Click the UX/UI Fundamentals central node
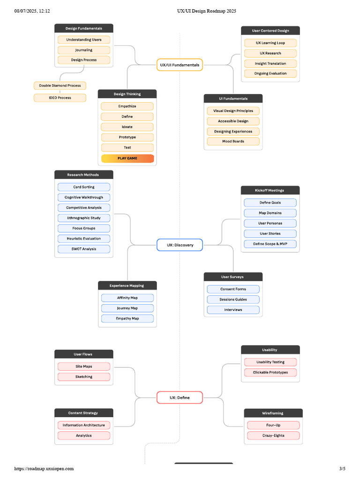[x=180, y=65]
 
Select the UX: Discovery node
[x=180, y=245]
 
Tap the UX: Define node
[x=180, y=397]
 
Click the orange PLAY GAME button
[x=127, y=158]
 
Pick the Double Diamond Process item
[x=60, y=85]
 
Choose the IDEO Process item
[x=60, y=98]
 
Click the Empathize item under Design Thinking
[x=127, y=106]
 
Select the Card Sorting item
[x=84, y=187]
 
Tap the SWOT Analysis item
[x=84, y=249]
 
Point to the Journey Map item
[x=127, y=308]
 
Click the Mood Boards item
[x=233, y=141]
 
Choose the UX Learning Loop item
[x=270, y=43]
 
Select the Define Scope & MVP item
[x=270, y=244]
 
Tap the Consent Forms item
[x=233, y=289]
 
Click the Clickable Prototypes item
[x=270, y=372]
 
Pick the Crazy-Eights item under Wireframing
[x=273, y=435]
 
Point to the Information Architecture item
[x=84, y=425]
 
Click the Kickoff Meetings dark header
[x=270, y=190]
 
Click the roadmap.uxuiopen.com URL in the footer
[x=44, y=468]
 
